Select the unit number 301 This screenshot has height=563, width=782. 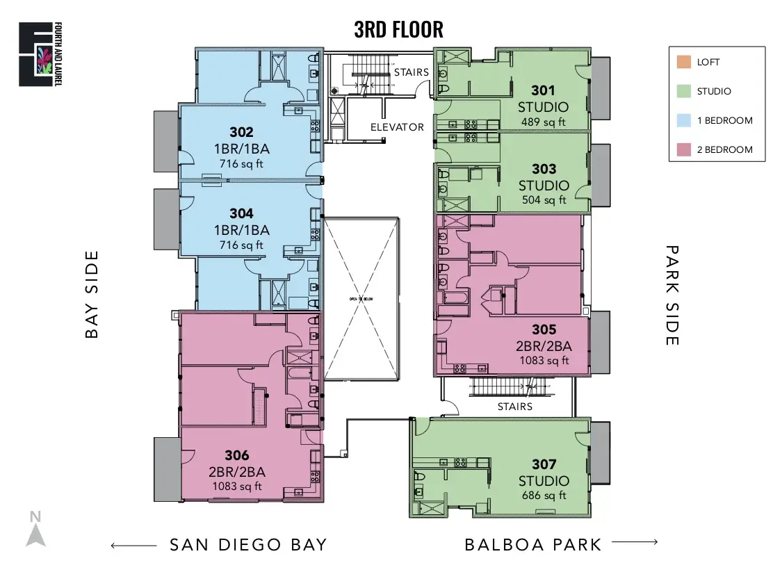pyautogui.click(x=543, y=90)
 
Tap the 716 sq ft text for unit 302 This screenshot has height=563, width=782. pyautogui.click(x=241, y=164)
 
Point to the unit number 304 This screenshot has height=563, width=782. pyautogui.click(x=241, y=213)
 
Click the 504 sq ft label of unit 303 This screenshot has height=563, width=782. pyautogui.click(x=544, y=200)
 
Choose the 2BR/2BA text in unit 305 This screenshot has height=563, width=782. pyautogui.click(x=544, y=346)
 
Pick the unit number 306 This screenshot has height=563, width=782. pyautogui.click(x=236, y=456)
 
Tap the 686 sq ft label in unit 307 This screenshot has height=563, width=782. pyautogui.click(x=544, y=496)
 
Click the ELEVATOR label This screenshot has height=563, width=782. pyautogui.click(x=397, y=127)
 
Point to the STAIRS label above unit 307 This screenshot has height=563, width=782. pyautogui.click(x=515, y=407)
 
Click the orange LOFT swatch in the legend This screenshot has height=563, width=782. pyautogui.click(x=683, y=62)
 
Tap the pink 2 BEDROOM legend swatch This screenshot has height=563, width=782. pyautogui.click(x=683, y=149)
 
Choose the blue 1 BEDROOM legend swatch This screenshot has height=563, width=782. pyautogui.click(x=683, y=120)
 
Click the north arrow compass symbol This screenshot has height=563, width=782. pyautogui.click(x=35, y=530)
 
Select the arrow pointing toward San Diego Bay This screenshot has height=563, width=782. pyautogui.click(x=133, y=544)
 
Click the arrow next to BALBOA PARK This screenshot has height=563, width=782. pyautogui.click(x=635, y=542)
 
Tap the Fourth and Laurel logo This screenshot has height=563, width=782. pyautogui.click(x=36, y=54)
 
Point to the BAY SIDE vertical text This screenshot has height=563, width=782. pyautogui.click(x=92, y=295)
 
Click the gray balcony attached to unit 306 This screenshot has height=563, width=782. pyautogui.click(x=166, y=469)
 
